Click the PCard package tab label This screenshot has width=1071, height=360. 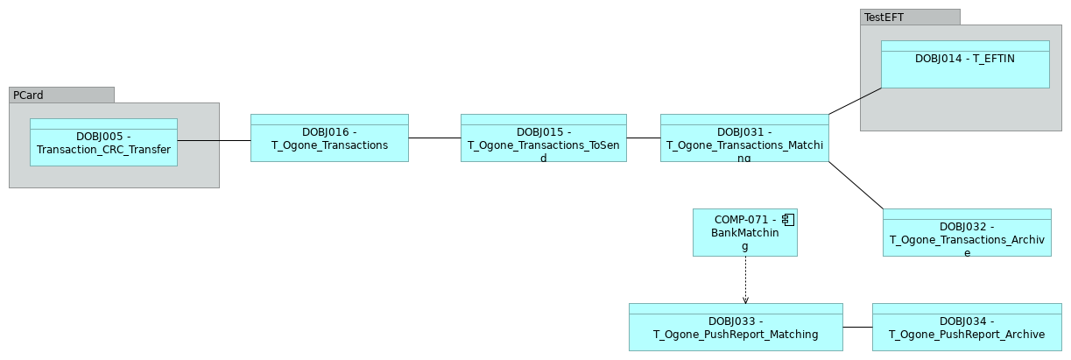27,95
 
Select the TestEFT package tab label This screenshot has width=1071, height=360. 884,17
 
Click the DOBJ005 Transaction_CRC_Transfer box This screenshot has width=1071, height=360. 103,143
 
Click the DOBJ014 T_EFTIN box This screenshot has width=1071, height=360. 964,65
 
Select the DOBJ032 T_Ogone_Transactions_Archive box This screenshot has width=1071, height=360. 967,233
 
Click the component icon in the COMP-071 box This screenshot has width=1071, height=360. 788,219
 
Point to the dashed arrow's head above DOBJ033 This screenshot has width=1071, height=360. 745,300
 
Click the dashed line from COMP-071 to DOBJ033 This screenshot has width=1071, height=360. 745,279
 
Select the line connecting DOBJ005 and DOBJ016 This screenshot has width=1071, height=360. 214,140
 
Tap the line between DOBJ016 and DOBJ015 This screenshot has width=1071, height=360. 434,138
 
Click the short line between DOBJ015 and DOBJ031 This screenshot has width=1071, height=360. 644,138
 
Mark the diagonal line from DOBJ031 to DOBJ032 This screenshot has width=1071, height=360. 856,185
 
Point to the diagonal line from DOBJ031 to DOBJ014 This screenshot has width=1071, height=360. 854,101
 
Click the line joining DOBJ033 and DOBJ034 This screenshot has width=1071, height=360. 857,327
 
